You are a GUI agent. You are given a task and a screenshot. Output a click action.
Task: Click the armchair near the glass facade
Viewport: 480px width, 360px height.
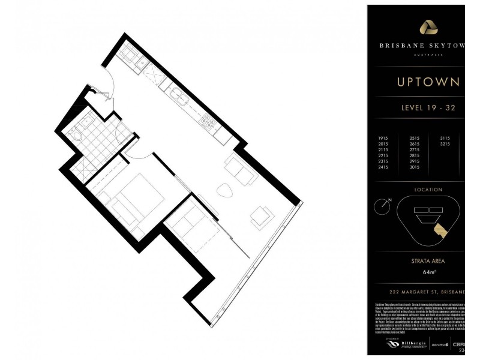[262, 217]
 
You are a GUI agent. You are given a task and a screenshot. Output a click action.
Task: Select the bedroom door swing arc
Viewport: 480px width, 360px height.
[136, 153]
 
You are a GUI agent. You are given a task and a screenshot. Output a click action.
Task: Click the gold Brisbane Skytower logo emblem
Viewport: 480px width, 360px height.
[428, 27]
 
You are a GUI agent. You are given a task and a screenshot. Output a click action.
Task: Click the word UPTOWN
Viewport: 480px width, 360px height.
[428, 82]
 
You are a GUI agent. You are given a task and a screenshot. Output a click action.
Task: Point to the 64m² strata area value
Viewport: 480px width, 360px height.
[428, 272]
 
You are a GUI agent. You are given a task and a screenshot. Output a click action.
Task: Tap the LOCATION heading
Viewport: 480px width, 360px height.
[428, 190]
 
